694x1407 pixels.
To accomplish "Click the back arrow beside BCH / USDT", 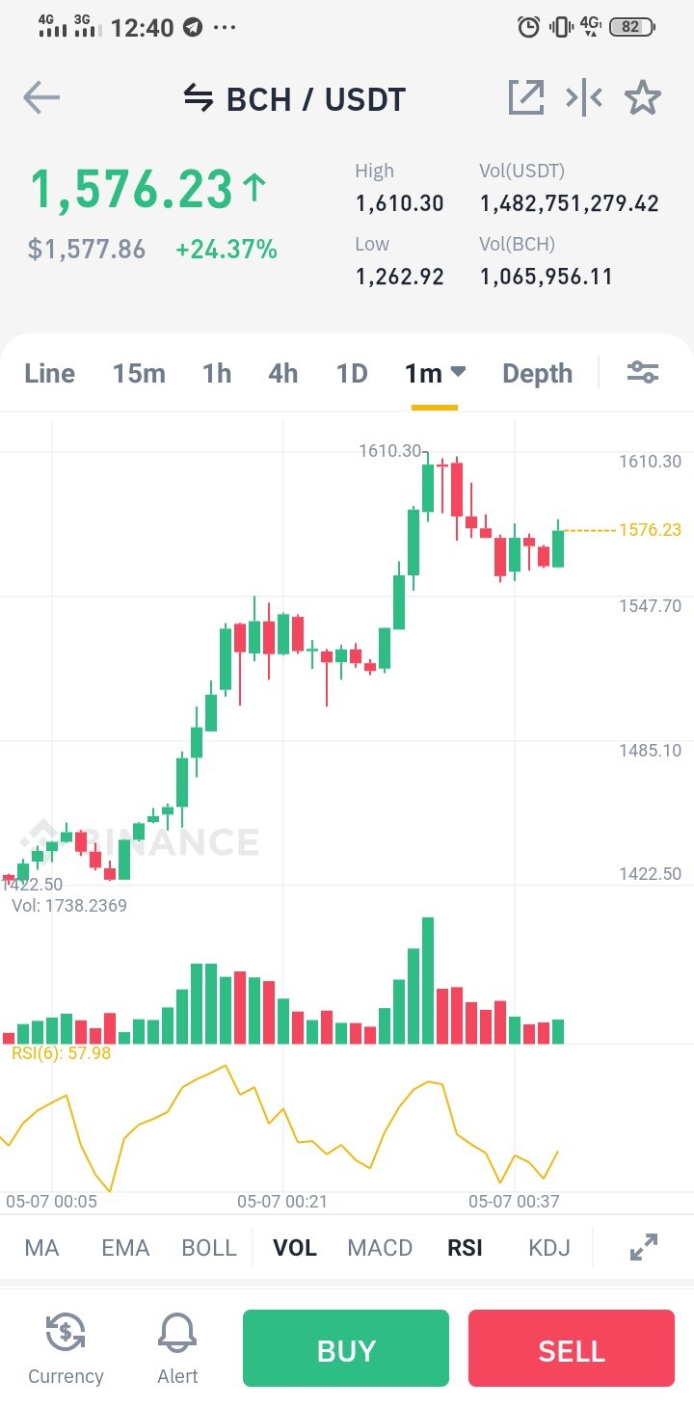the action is [41, 97].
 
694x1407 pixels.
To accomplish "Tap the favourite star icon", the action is [643, 97].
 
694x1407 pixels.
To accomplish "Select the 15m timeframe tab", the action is [139, 374].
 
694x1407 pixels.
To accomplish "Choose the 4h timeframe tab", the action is [283, 374].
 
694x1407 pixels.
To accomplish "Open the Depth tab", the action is [538, 374].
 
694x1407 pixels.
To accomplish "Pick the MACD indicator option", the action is [380, 1247].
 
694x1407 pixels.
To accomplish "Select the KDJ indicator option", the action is [549, 1247].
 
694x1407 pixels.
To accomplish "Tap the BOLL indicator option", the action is [209, 1247].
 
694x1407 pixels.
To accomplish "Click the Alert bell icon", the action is [177, 1332].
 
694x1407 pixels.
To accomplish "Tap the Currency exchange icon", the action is [66, 1332].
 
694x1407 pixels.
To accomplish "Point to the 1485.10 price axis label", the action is [650, 750].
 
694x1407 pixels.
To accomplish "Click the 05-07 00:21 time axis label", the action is [282, 1202].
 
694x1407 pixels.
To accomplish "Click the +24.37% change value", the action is [227, 250].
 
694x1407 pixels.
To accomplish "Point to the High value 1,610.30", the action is [400, 203].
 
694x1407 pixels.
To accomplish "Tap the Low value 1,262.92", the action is [400, 277].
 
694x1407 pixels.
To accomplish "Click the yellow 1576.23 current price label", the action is [650, 529].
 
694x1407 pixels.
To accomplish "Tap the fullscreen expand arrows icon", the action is [644, 1247].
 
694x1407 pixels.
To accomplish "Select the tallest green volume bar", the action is [428, 980].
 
